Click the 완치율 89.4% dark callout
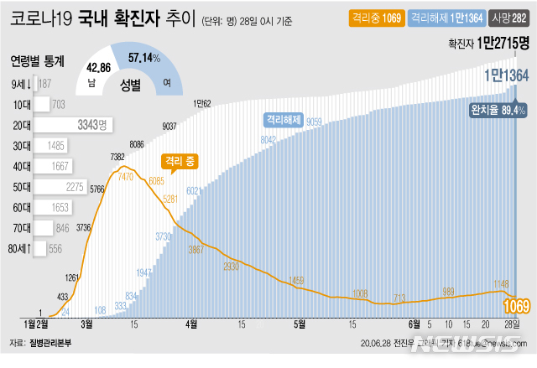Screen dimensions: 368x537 498,110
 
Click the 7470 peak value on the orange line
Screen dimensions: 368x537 127,178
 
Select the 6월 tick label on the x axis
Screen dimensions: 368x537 412,323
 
